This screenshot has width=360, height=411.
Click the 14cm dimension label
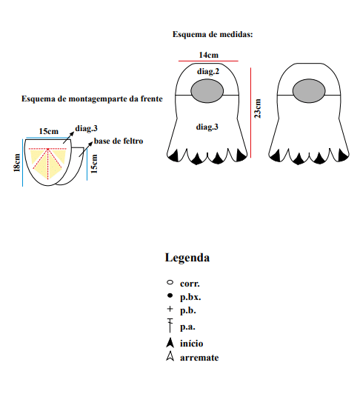208,55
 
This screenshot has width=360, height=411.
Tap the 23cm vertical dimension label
258,109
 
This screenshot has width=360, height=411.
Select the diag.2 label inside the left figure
208,71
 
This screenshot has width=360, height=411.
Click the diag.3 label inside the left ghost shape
207,127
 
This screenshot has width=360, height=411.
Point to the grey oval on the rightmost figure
309,90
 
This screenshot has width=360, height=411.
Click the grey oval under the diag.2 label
207,90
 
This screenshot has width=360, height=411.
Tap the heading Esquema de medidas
213,34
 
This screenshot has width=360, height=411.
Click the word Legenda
187,258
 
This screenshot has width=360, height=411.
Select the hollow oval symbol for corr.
170,283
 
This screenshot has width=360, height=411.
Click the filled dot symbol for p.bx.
170,295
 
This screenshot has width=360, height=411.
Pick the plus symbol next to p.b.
170,309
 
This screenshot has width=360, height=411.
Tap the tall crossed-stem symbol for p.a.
170,325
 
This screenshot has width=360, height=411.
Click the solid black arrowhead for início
170,342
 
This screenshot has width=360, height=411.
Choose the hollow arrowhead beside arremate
170,356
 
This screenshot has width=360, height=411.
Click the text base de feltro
119,141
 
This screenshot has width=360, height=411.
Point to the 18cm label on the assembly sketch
17,163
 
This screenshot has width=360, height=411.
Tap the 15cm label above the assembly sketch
48,131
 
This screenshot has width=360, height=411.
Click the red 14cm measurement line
208,61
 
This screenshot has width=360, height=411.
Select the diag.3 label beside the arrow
86,128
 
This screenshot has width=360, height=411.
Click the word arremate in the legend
199,358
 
